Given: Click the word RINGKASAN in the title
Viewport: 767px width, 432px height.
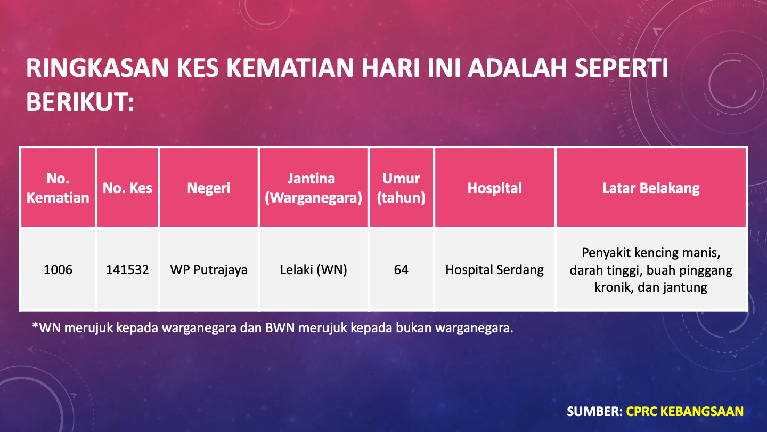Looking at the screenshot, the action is point(97,68).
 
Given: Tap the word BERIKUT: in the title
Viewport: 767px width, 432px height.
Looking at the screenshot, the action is point(80,102).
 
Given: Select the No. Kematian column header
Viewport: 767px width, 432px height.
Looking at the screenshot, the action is point(58,188).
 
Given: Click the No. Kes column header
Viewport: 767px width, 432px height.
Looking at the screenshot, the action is point(127,188).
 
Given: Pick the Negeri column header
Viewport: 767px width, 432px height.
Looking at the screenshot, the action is point(209,188).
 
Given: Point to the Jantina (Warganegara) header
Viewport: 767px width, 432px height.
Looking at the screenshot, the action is point(314,188).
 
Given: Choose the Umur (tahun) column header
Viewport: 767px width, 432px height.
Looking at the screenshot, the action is point(401,188).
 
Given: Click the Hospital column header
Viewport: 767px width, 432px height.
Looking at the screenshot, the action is point(495,188).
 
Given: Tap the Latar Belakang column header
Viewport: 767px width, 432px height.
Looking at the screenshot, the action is point(651,188).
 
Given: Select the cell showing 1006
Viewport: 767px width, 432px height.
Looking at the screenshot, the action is point(58,270).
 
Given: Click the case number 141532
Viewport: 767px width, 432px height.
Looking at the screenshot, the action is point(127,270).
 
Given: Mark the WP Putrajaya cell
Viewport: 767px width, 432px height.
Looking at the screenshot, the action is point(209,270).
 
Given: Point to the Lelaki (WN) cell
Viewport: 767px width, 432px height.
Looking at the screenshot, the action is point(314,270).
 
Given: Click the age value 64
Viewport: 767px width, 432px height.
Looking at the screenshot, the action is point(401,270).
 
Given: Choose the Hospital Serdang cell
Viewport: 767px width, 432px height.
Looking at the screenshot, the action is point(495,270).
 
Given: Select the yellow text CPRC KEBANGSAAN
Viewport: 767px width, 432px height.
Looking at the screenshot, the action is point(685,411).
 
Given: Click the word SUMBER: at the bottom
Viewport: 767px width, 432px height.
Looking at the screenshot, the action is point(595,411).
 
